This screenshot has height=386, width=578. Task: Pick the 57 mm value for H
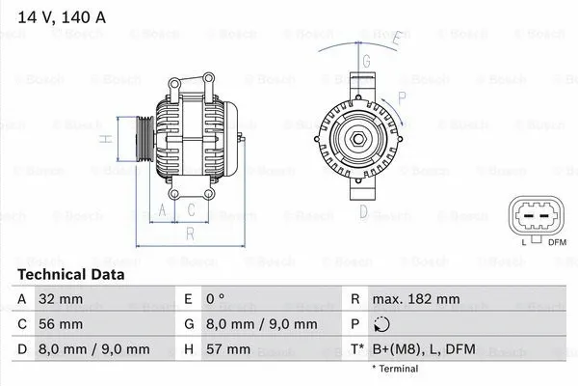(x=231, y=348)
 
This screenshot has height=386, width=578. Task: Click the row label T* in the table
(x=357, y=348)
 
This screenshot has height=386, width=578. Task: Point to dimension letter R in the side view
(x=191, y=233)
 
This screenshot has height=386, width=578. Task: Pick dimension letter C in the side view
(x=192, y=208)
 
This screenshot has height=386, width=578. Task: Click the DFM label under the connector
(x=557, y=241)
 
